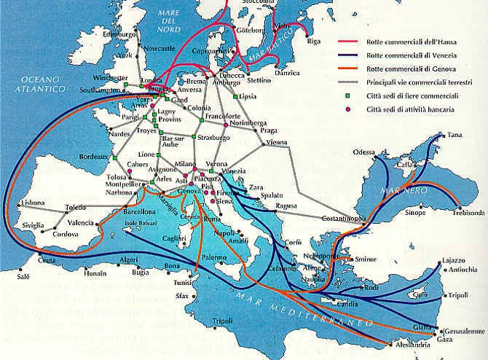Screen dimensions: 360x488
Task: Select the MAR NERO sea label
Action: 395,191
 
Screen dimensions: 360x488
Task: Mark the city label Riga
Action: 315,42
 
